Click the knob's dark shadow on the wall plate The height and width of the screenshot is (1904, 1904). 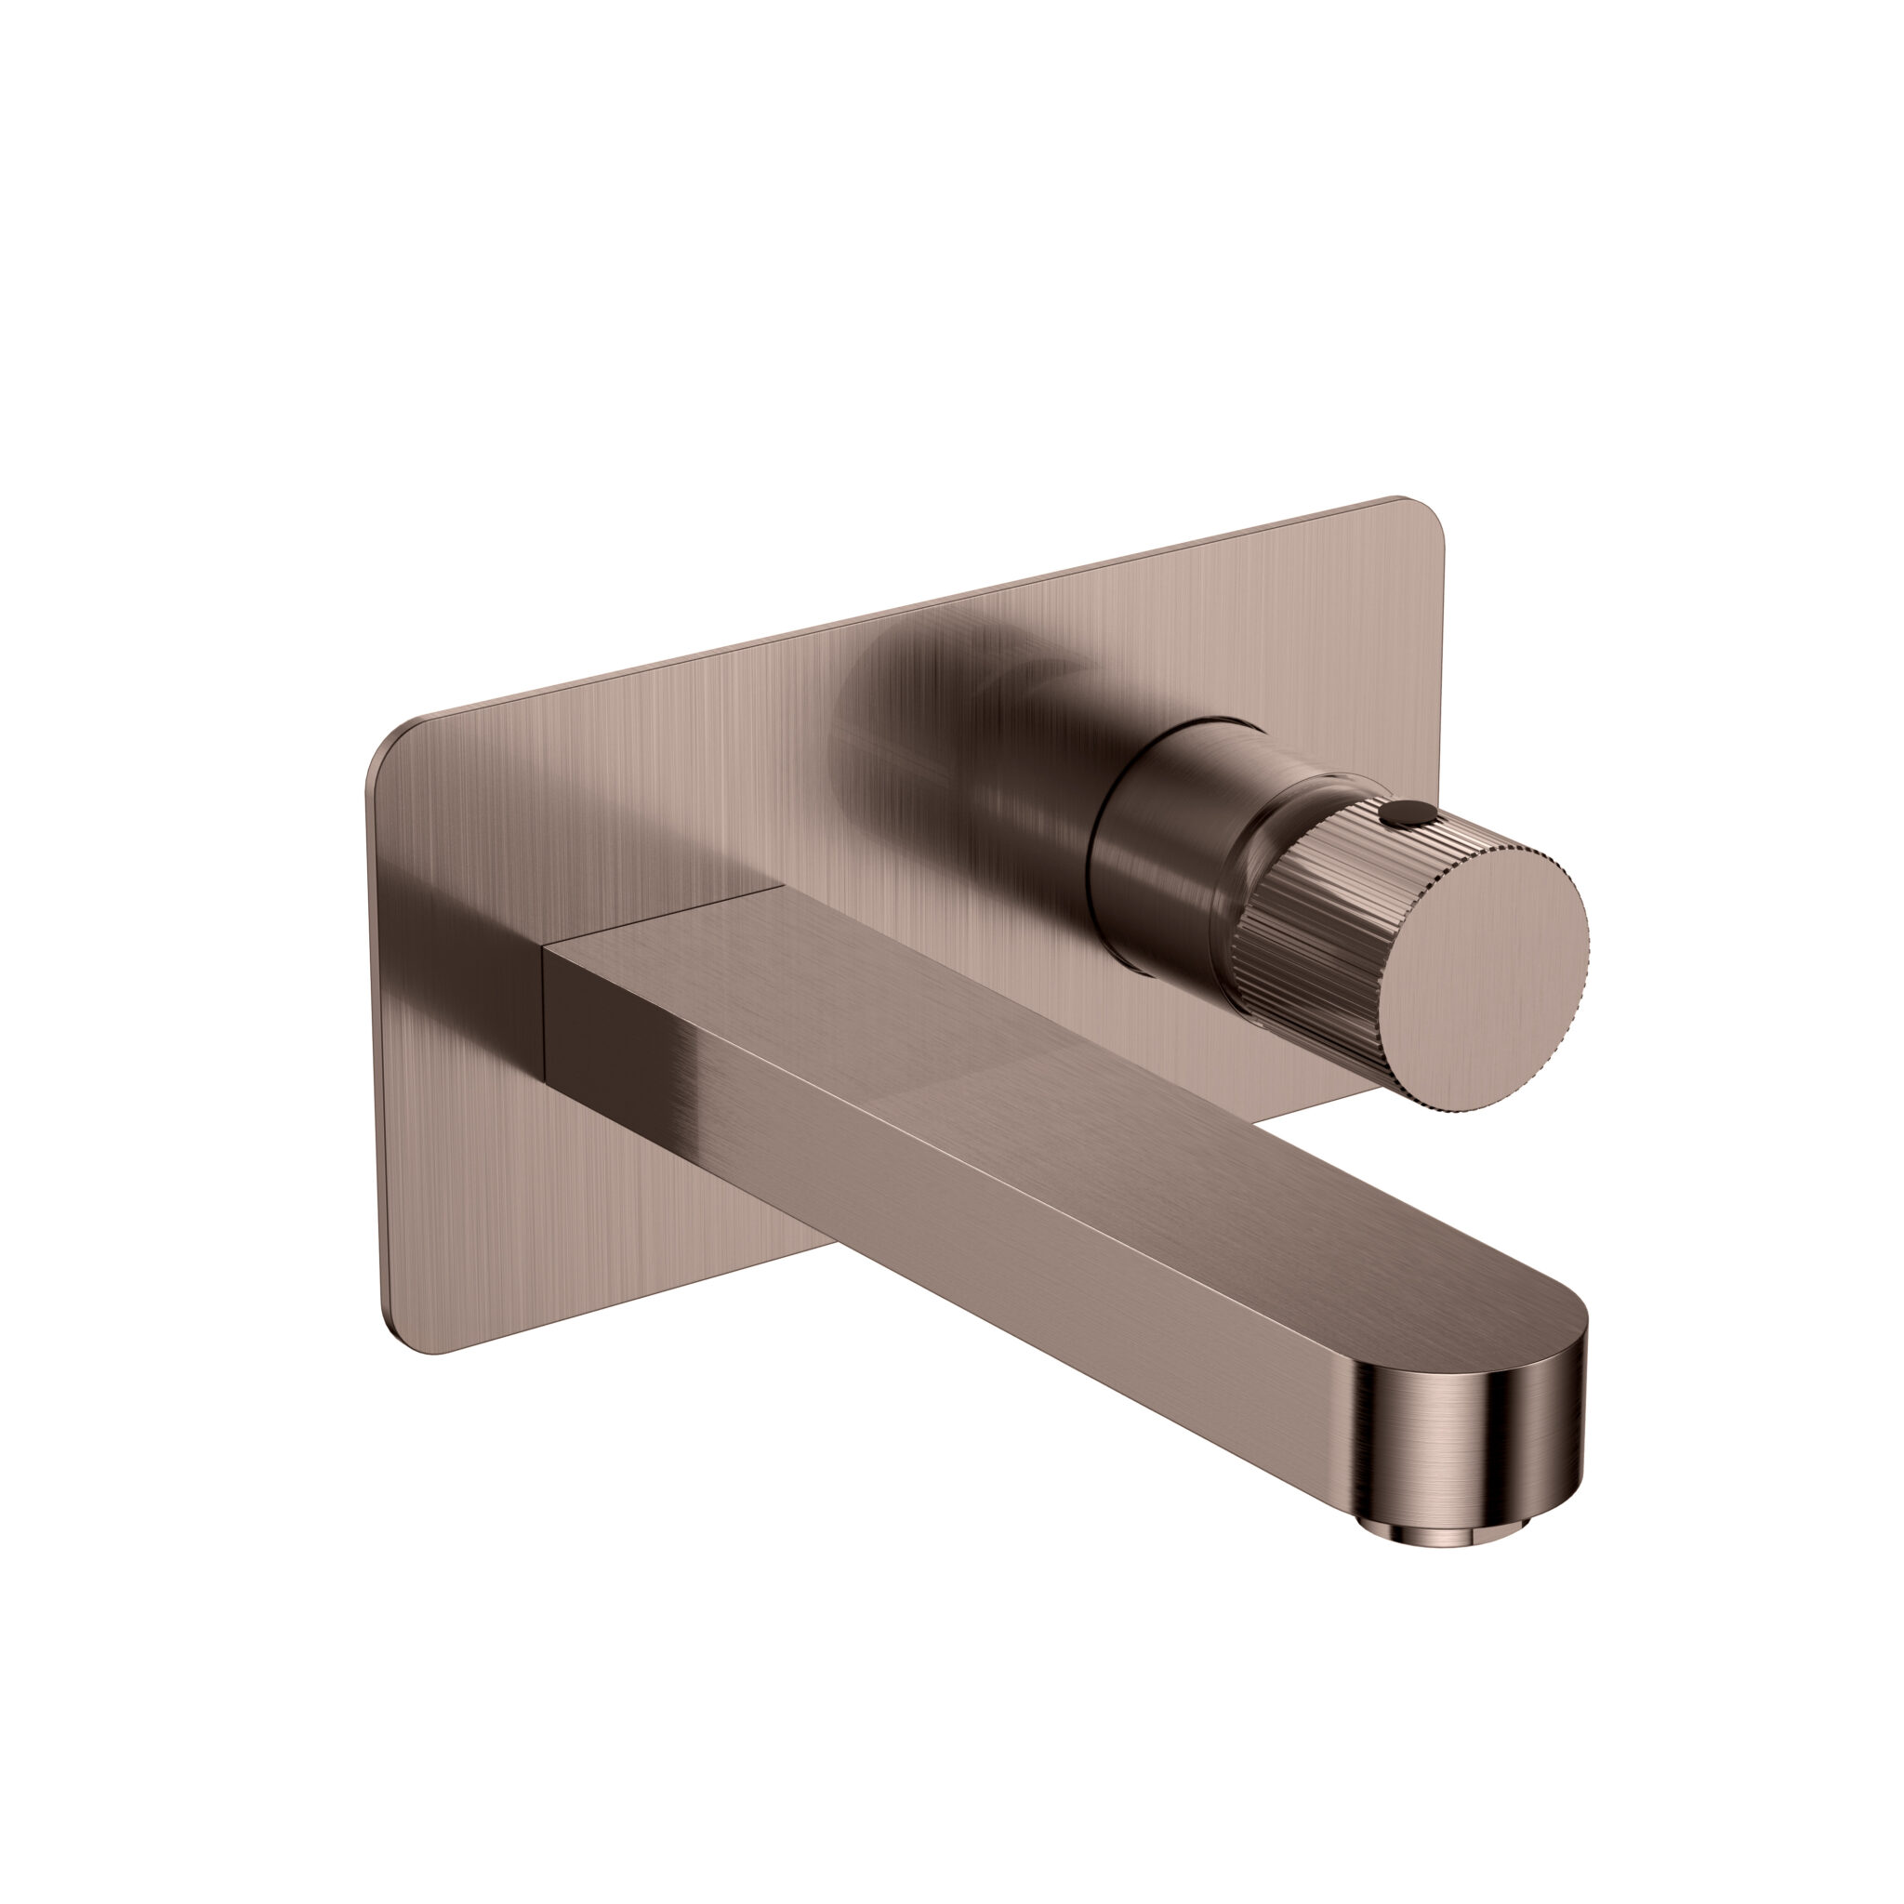click(946, 749)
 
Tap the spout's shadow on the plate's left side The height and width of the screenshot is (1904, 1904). click(463, 936)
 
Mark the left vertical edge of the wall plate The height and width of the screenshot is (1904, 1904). click(375, 1035)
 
